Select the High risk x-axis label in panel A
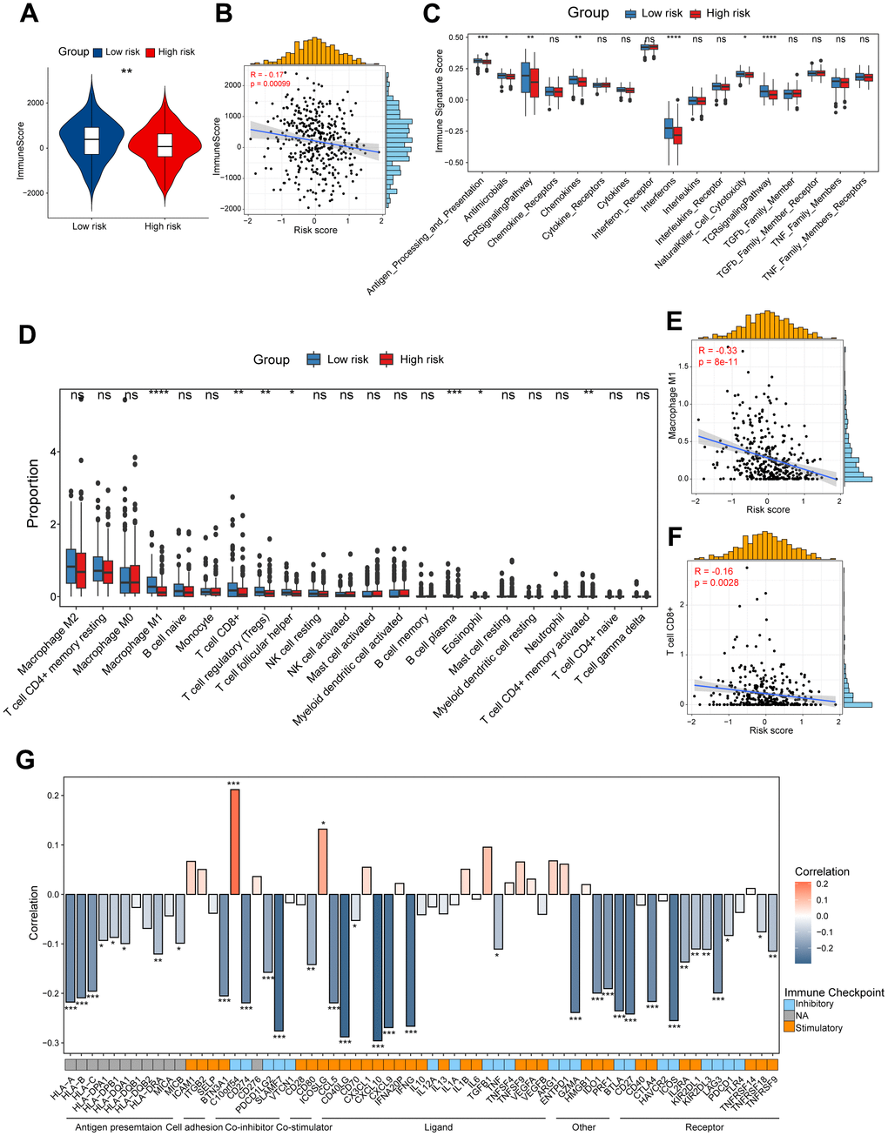pos(163,226)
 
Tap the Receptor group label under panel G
pos(703,1126)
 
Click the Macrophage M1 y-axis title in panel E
pos(673,413)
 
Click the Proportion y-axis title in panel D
pos(33,493)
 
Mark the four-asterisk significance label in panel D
pos(158,394)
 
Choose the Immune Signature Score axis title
pos(440,99)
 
